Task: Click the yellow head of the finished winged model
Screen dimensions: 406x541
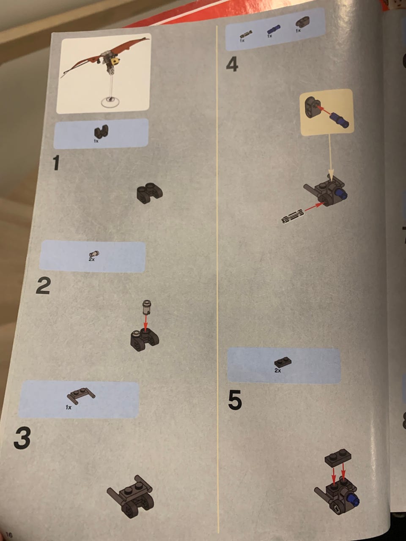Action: coord(115,61)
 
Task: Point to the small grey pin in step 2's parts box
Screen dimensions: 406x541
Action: coord(94,253)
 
